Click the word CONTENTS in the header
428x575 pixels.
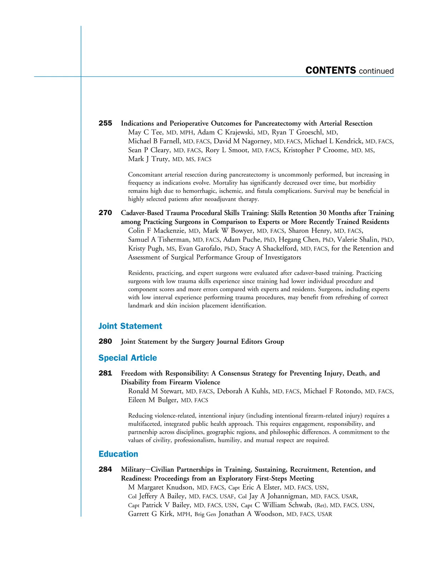331,71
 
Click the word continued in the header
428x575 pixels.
376,71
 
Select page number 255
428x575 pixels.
105,123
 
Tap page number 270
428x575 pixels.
105,213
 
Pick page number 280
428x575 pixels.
105,342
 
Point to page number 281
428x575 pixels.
105,373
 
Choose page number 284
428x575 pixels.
105,469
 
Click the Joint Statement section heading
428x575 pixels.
130,326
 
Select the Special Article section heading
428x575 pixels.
128,358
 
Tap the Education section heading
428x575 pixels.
118,454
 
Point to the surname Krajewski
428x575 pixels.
239,132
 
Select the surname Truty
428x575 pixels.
160,159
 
